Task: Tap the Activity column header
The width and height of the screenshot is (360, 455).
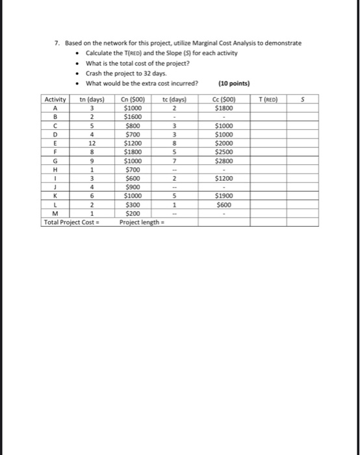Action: tap(55, 99)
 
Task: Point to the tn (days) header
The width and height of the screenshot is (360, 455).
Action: tap(91, 99)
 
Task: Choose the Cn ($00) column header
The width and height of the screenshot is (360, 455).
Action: tap(133, 99)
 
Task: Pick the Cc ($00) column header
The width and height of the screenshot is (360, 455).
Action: tap(224, 99)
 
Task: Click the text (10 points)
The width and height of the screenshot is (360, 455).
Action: tap(234, 83)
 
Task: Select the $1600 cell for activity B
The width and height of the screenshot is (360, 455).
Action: tap(133, 118)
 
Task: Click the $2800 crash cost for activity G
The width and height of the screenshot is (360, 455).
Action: tap(224, 161)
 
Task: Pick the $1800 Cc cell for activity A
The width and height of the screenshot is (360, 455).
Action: tap(224, 109)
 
